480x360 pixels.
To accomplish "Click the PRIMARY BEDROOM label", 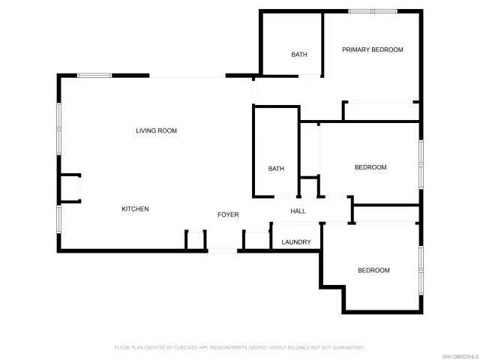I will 373,50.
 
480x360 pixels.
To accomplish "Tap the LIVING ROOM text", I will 156,131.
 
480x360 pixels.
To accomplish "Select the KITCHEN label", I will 135,209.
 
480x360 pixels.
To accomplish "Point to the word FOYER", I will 228,215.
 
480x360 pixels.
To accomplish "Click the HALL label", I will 298,211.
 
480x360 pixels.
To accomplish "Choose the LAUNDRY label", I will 296,242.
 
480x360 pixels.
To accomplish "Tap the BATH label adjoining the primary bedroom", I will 299,55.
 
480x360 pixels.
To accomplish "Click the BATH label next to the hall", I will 276,169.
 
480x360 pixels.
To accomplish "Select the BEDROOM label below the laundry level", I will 373,271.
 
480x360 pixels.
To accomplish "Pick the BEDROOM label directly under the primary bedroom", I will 370,167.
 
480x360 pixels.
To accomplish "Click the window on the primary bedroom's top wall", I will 372,11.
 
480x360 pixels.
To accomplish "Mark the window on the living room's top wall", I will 94,75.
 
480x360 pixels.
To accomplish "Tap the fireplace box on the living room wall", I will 70,187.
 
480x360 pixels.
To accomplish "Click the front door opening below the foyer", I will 222,250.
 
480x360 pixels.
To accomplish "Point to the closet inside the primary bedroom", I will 381,111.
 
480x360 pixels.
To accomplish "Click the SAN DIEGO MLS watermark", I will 458,355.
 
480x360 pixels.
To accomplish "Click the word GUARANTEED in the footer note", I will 349,348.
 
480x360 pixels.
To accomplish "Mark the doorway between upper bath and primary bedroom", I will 310,75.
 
